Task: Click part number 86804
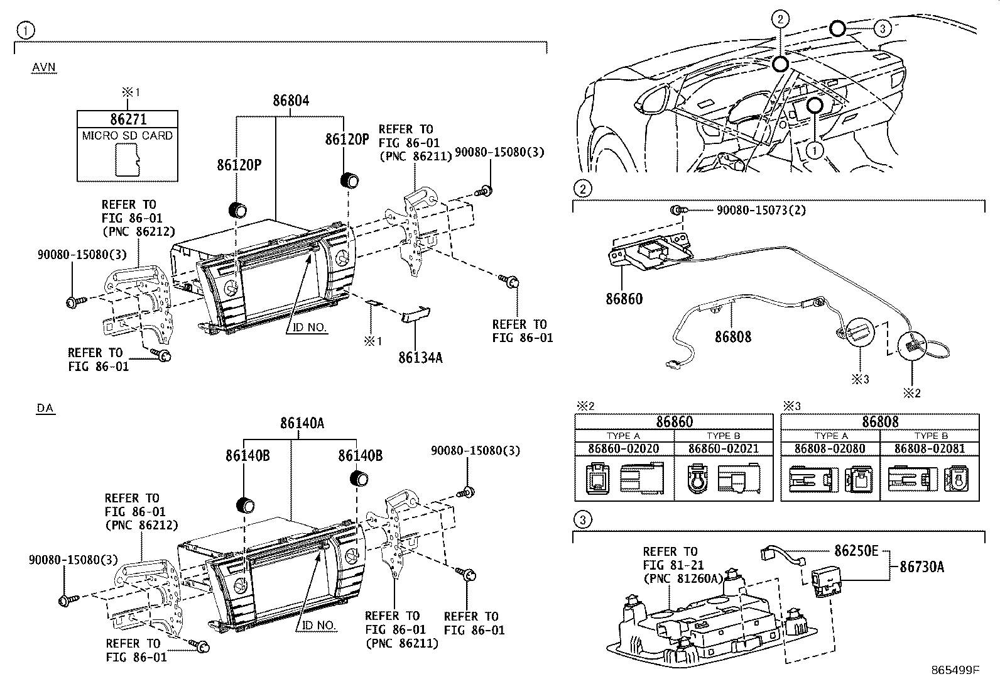coord(291,101)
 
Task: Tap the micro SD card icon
coord(128,159)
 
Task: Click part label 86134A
coord(420,358)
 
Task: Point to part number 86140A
coord(302,423)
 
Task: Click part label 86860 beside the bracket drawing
coord(624,299)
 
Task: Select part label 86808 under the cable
coord(732,336)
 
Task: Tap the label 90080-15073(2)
coord(761,209)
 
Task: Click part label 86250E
coord(856,551)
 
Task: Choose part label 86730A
coord(921,567)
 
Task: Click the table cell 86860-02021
coord(723,449)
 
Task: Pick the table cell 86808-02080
coord(829,449)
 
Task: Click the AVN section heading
coord(44,67)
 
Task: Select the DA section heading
coord(45,408)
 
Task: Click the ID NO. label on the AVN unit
coord(309,328)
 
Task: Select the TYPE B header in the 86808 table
coord(930,435)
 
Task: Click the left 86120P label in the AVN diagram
coord(239,165)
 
